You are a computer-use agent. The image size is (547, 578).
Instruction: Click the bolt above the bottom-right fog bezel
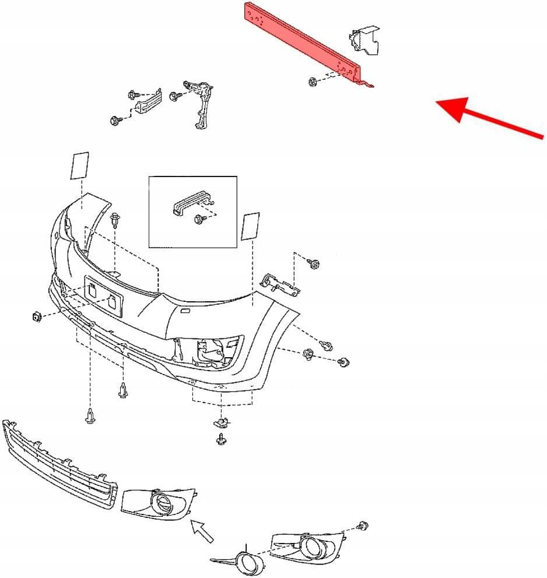(363, 526)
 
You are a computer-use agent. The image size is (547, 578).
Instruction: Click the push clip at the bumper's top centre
(115, 221)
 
